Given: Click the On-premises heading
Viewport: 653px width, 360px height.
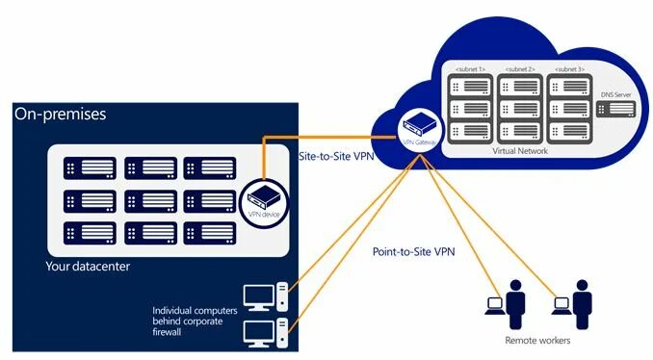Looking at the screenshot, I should pos(60,115).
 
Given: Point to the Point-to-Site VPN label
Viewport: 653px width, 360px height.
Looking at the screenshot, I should pos(413,252).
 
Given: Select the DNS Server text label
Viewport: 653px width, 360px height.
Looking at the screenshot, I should pos(616,94).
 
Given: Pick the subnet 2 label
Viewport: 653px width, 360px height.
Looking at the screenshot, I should pos(519,69).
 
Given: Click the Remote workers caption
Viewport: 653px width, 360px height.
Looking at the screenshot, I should pos(537,341).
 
